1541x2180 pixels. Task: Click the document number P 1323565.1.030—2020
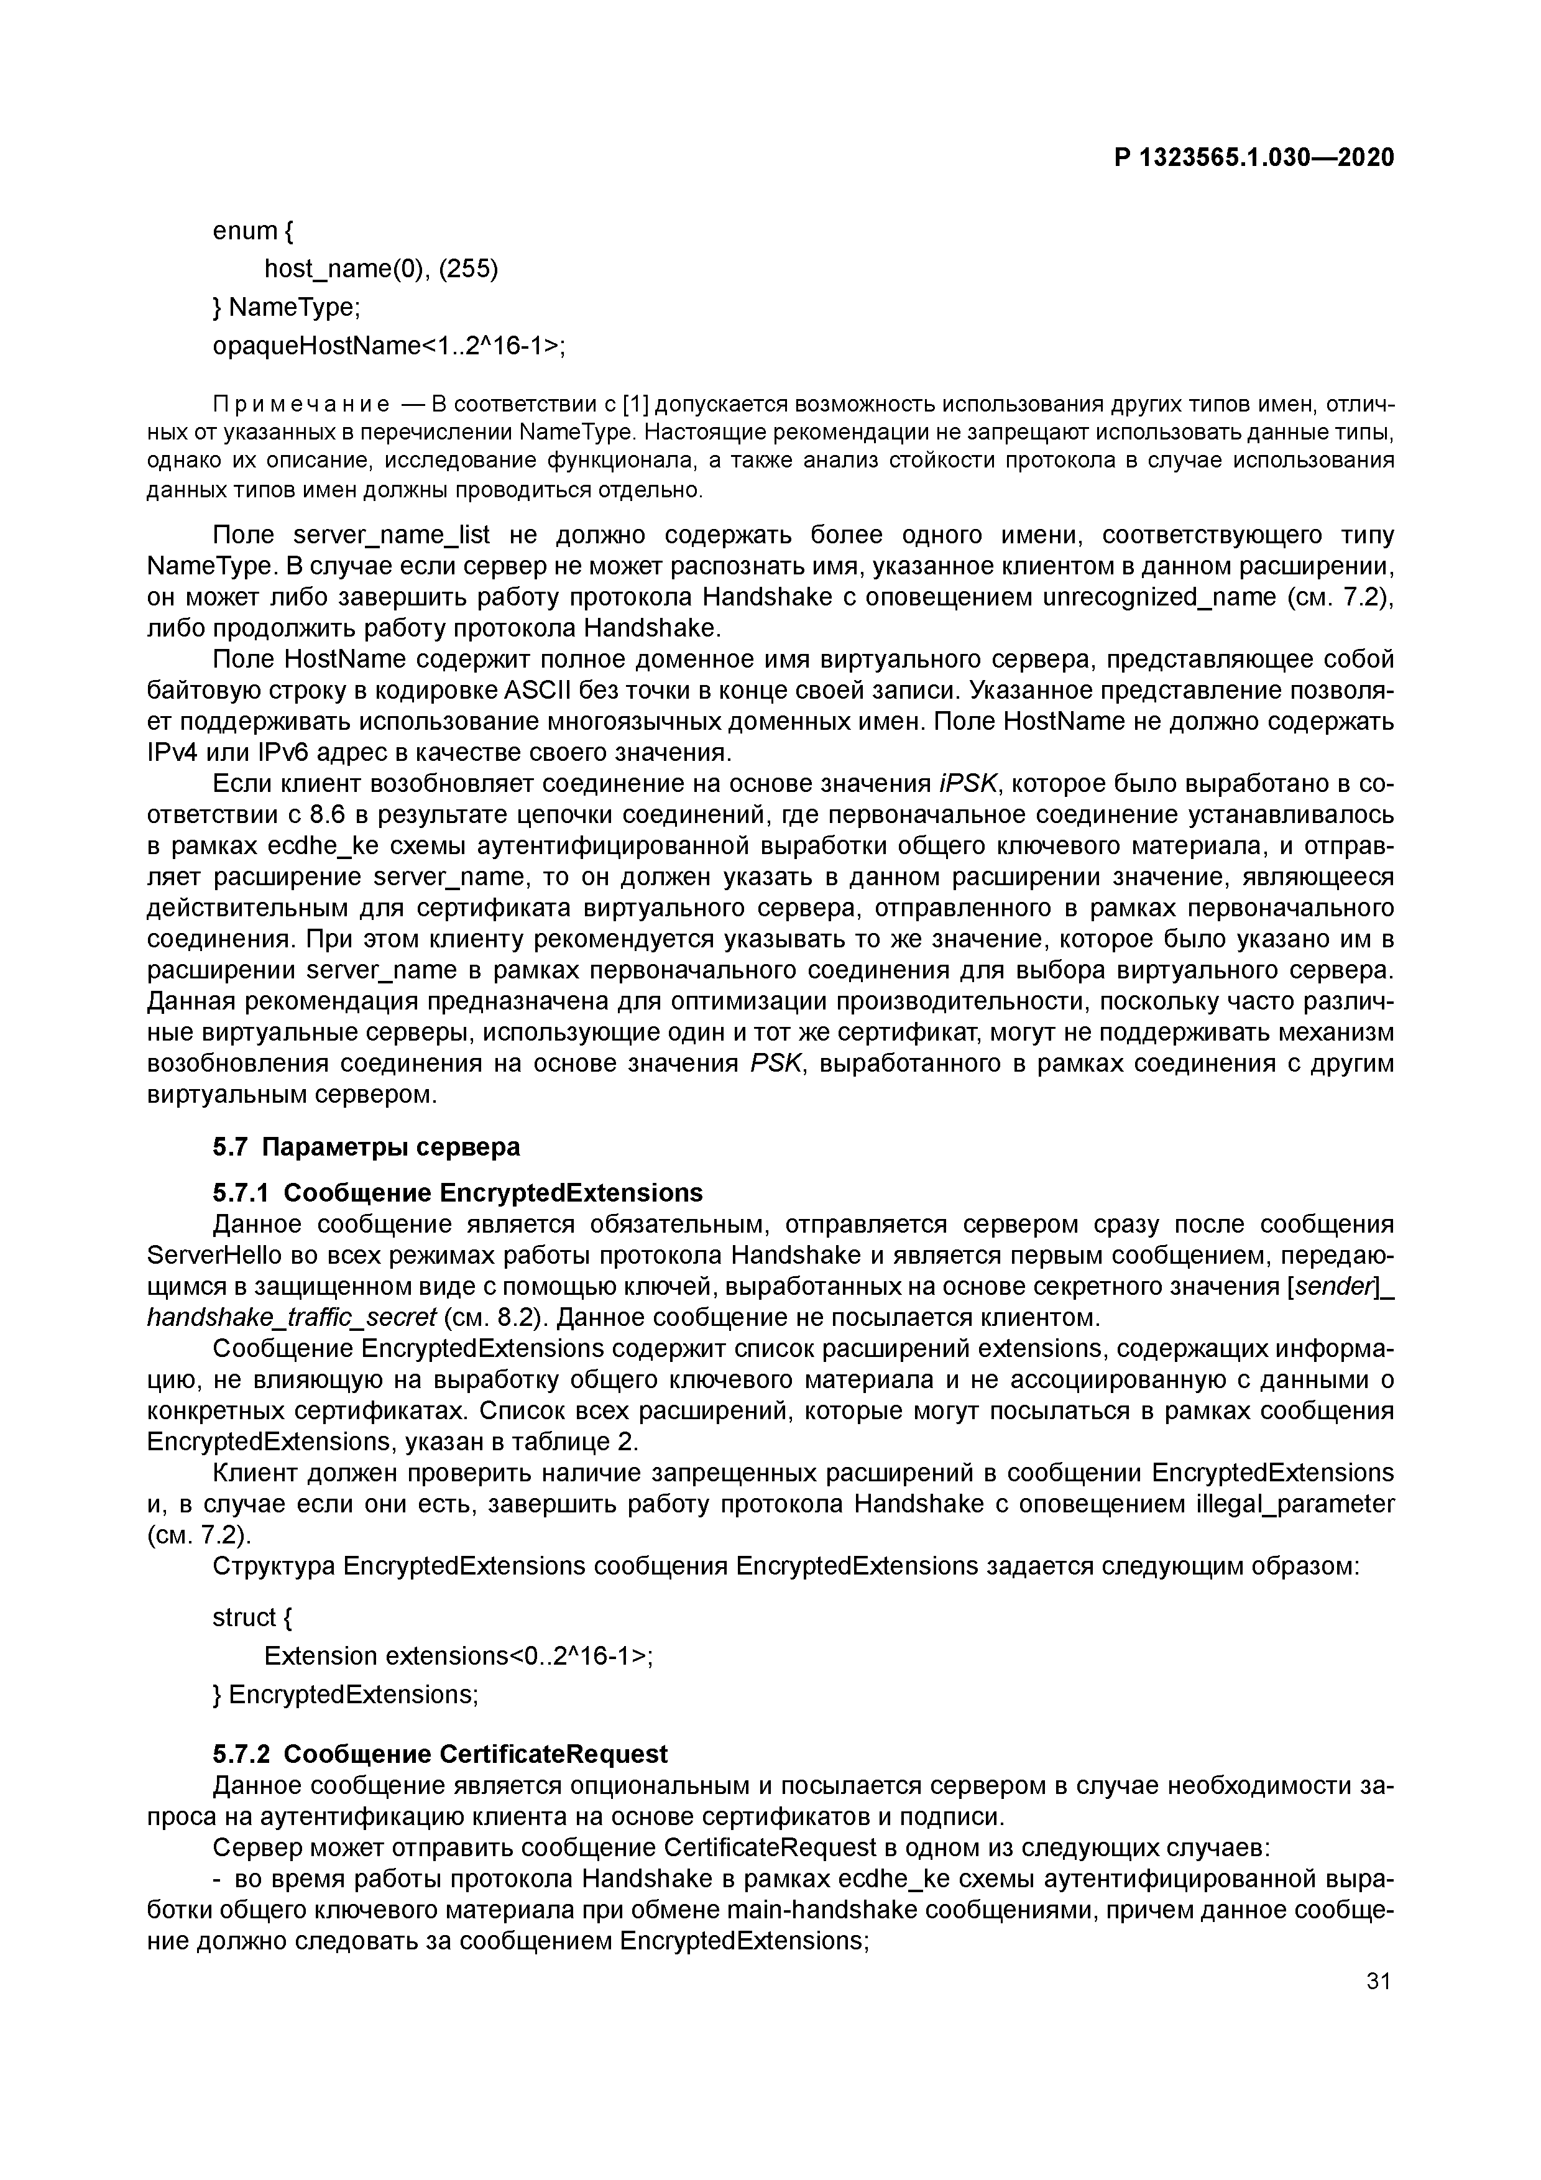tap(1253, 158)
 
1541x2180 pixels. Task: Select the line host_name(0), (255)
tap(380, 270)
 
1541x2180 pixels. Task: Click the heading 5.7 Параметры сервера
tap(367, 1147)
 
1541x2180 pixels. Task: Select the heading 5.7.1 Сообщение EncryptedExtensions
tap(458, 1192)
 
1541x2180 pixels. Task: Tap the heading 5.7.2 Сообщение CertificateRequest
tap(439, 1754)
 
